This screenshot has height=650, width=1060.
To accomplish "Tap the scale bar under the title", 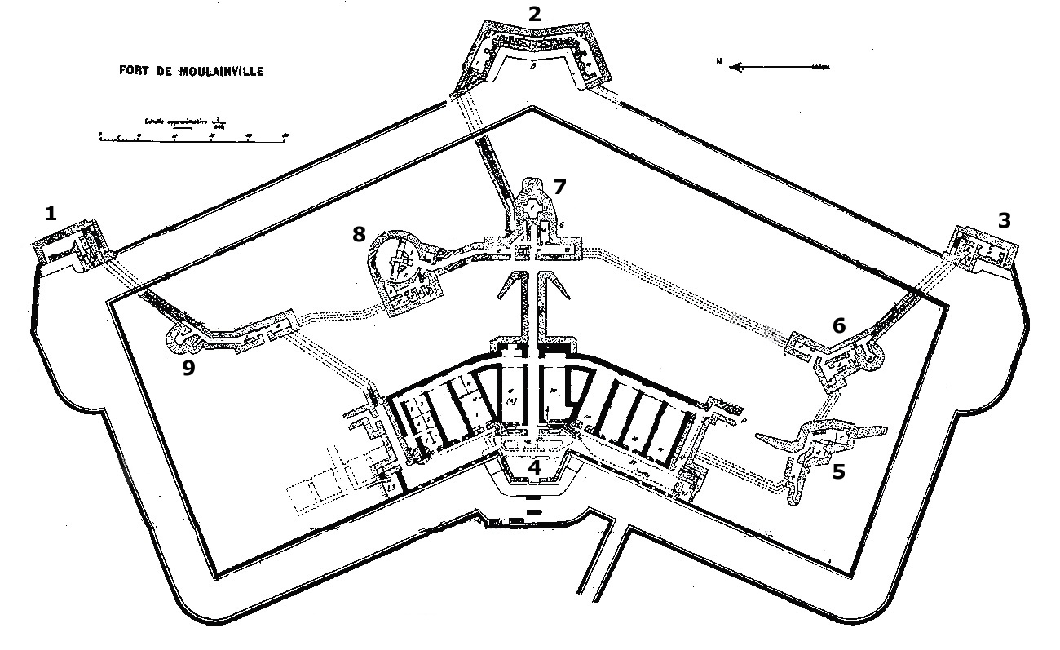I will tap(192, 135).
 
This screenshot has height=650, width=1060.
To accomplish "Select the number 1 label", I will tap(51, 214).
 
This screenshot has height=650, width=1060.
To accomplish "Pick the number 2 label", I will tap(534, 13).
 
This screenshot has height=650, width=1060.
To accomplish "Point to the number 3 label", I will tap(1005, 219).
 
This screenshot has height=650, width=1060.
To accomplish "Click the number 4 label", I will tap(534, 468).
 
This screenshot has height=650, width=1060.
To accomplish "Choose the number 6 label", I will tap(838, 325).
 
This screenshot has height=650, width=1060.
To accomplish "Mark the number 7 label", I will tap(559, 187).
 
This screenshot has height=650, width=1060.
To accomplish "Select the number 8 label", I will tap(359, 235).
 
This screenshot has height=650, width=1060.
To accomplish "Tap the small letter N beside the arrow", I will tap(718, 61).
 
